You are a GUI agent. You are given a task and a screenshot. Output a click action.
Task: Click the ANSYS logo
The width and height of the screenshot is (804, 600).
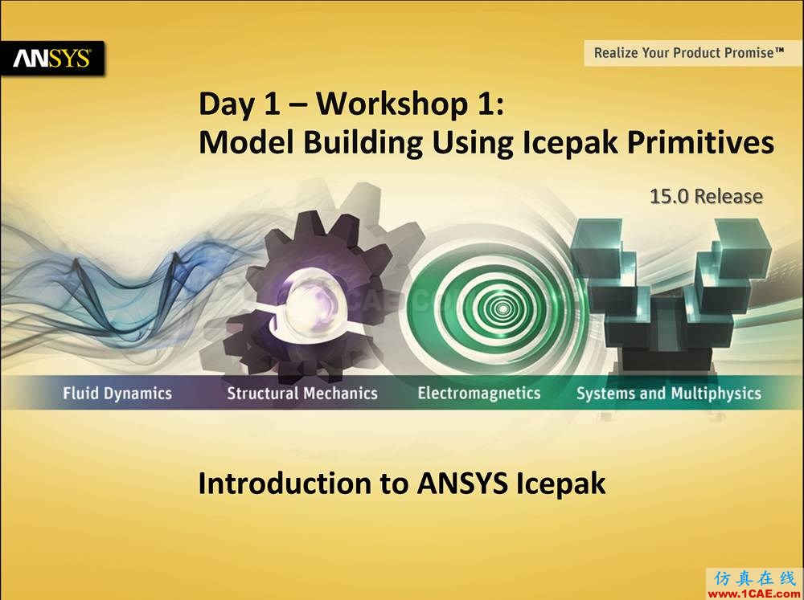click(x=51, y=59)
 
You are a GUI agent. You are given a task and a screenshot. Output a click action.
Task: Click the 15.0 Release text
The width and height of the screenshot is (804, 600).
click(x=706, y=196)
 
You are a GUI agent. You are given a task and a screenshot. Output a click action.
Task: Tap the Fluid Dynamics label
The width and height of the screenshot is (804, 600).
click(x=117, y=394)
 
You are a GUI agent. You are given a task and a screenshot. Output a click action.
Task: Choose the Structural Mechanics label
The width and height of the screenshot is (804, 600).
click(x=302, y=393)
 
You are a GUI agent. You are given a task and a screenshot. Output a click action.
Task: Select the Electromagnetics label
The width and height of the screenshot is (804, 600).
click(x=479, y=393)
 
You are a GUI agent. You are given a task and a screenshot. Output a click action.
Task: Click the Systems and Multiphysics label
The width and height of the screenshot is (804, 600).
click(x=669, y=394)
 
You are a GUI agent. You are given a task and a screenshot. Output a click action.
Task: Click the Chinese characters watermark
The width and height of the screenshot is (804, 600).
click(x=754, y=578)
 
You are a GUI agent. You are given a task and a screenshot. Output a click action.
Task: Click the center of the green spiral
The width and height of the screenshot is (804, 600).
click(x=503, y=308)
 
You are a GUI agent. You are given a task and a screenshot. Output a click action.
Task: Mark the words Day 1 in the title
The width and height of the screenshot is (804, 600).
click(x=240, y=104)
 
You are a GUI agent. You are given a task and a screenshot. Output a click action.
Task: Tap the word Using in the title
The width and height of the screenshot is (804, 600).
click(x=472, y=143)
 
